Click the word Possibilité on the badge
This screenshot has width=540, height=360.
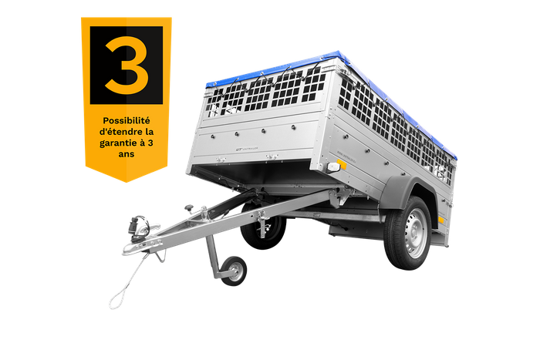coord(126,121)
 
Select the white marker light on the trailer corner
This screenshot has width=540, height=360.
coord(333,167)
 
